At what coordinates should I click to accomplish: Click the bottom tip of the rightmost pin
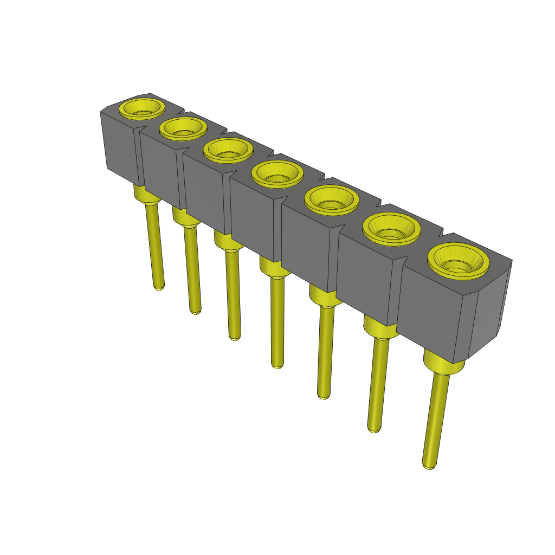(428, 465)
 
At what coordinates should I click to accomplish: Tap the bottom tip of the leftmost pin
(159, 287)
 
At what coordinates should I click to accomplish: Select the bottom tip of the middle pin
(277, 365)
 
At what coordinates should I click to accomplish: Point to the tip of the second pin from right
(373, 429)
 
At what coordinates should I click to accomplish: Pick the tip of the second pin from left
(196, 311)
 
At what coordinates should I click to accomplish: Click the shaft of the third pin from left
(233, 293)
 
